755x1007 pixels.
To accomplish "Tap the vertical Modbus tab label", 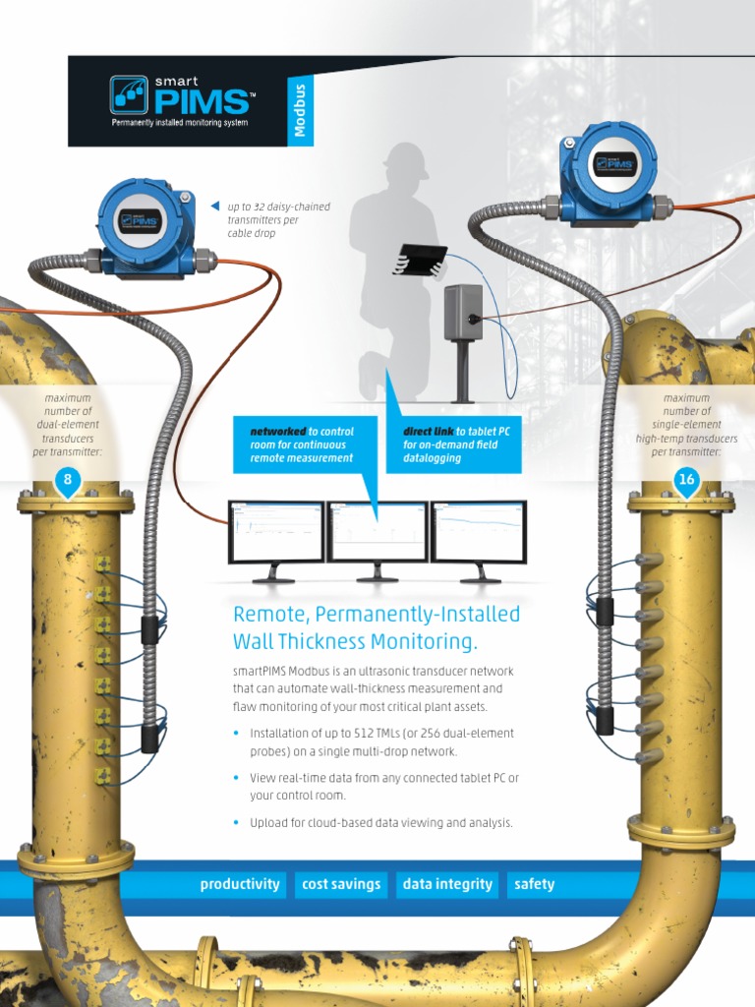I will click(x=301, y=109).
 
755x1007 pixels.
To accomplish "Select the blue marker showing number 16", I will click(x=686, y=481).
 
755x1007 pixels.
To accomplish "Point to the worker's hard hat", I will click(x=406, y=159).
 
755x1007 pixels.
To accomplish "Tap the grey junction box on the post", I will click(x=462, y=312).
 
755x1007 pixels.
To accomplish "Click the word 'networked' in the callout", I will click(x=278, y=432).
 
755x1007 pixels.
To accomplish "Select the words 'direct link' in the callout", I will click(x=428, y=432).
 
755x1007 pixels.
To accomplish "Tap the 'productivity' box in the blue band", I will click(x=240, y=884).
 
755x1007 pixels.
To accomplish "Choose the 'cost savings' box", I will click(x=341, y=884).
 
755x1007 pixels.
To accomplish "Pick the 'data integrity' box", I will click(x=447, y=884).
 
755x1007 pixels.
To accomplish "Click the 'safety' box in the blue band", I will click(x=534, y=884).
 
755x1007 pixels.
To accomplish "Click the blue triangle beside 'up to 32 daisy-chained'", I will click(x=214, y=206).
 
